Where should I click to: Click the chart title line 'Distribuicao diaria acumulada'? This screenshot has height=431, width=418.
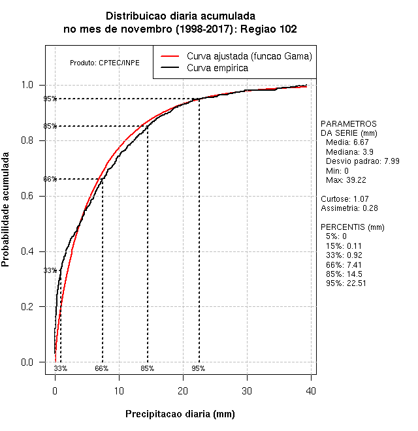tap(180, 16)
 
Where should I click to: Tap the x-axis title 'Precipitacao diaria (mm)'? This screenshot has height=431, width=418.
tap(180, 414)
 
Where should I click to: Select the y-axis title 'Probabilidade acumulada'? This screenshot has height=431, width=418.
tap(7, 210)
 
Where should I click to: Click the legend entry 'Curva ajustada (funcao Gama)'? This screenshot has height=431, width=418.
tap(249, 56)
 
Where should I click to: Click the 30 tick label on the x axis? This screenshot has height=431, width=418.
tap(247, 391)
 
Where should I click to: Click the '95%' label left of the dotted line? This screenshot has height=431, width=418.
tap(50, 99)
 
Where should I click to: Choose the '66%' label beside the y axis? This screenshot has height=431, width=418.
tap(50, 180)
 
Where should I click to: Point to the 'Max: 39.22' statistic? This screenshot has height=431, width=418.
tap(346, 180)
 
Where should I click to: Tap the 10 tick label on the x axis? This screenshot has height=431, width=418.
tap(119, 391)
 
